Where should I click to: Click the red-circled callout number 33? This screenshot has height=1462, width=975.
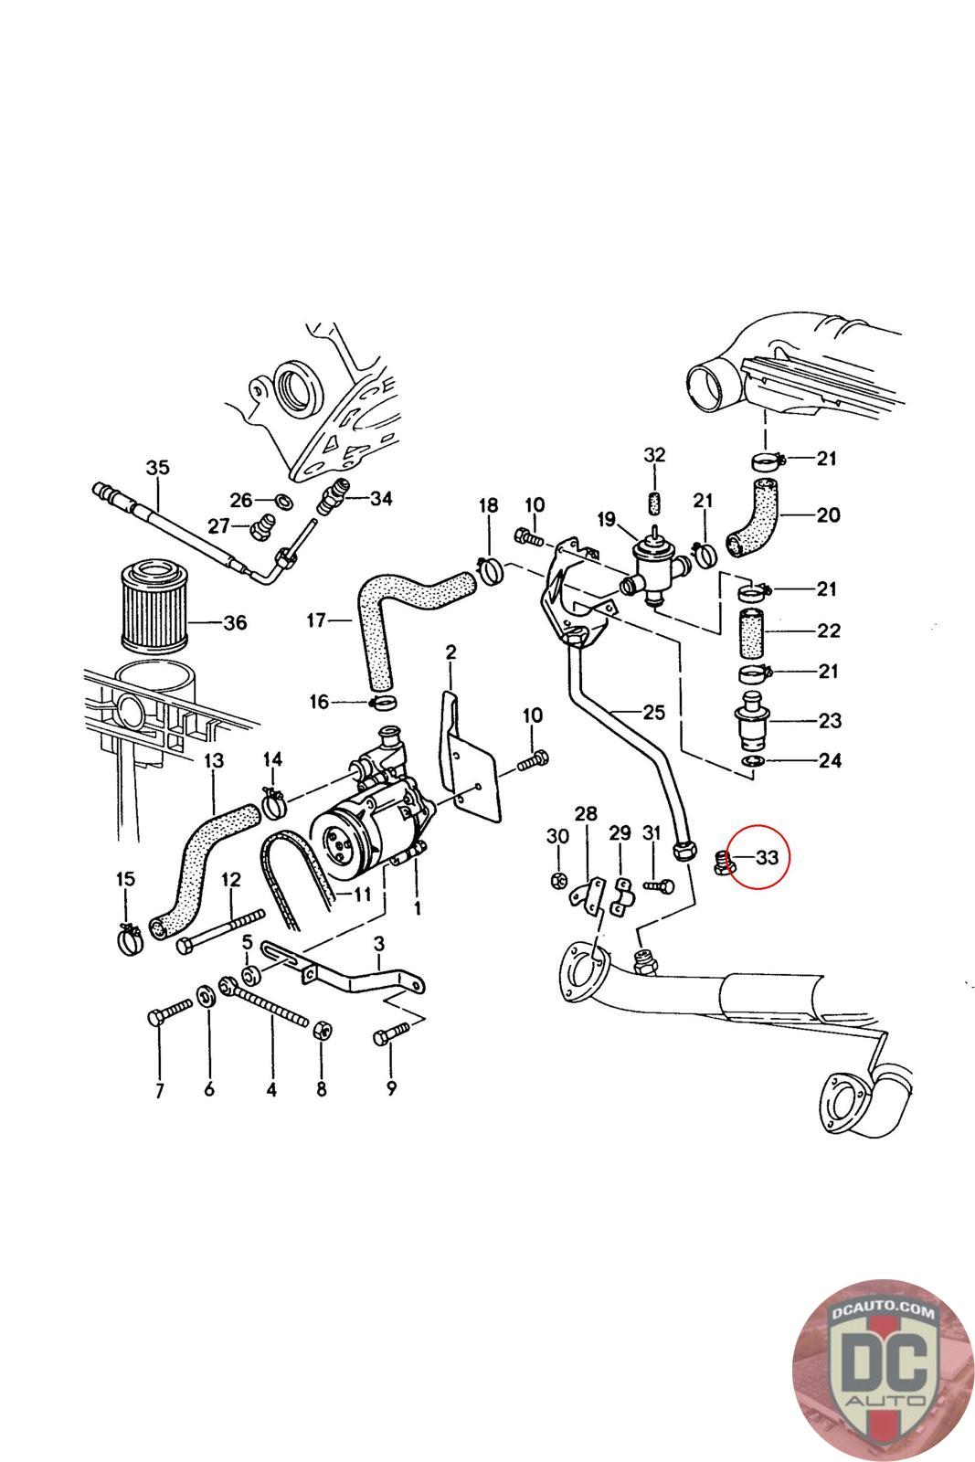[x=767, y=857]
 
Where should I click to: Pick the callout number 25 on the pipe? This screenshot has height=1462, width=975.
[x=653, y=712]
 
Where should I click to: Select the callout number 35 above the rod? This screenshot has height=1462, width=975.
[x=157, y=467]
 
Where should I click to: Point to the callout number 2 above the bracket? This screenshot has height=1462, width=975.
[x=450, y=652]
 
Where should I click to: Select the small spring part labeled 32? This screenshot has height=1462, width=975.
[x=654, y=503]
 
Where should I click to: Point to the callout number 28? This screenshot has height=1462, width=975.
[x=585, y=813]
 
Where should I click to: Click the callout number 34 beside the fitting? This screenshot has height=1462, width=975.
[x=380, y=498]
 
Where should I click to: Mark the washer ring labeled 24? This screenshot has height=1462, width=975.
[x=752, y=761]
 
